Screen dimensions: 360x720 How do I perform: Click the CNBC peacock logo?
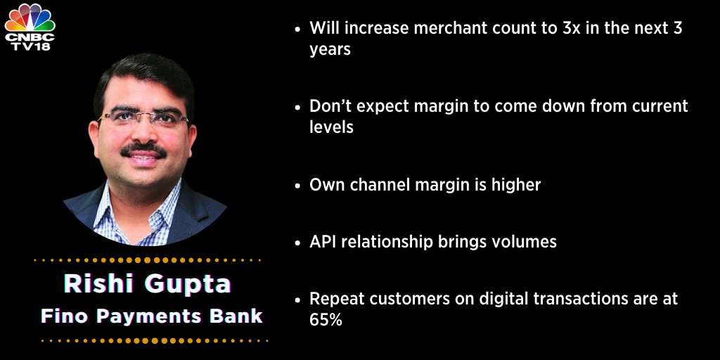point(30,15)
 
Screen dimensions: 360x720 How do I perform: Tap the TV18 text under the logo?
point(30,45)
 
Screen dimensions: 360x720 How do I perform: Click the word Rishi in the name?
point(94,284)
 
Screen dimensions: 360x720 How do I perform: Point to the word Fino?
point(63,316)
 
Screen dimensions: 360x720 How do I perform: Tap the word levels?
point(331,129)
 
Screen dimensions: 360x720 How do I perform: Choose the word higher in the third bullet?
point(515,185)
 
